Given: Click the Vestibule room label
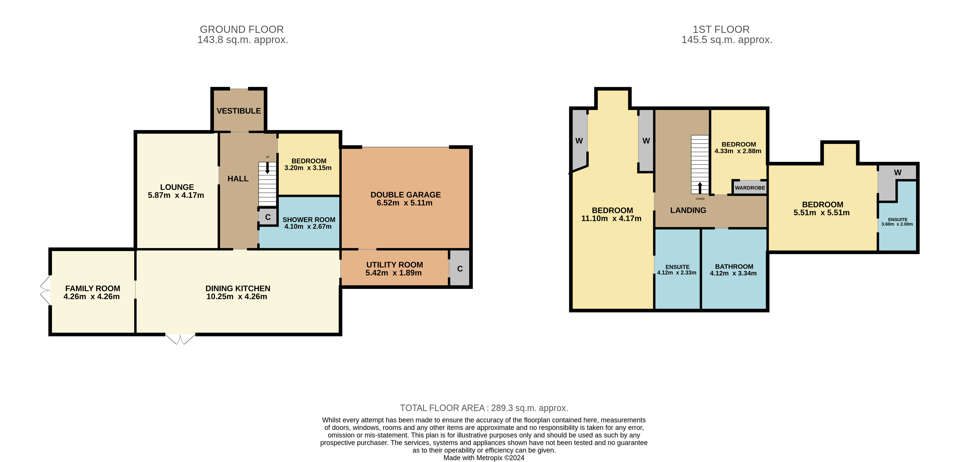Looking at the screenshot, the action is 238,111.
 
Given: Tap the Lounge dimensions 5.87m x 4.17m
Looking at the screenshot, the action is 176,195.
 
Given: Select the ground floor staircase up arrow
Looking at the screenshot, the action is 267,168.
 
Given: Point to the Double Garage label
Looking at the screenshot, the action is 405,195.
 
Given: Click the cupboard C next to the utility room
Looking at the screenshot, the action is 460,268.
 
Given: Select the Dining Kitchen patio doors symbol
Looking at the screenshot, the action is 180,339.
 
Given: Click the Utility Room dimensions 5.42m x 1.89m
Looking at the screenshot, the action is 393,273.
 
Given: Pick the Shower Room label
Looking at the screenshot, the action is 309,220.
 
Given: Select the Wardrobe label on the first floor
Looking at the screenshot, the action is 750,188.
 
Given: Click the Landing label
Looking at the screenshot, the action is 688,210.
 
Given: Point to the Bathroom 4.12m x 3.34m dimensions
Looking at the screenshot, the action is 733,273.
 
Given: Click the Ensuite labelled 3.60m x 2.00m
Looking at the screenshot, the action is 897,222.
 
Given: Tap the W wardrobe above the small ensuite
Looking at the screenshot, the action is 898,173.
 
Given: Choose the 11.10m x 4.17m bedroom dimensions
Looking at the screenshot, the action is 611,218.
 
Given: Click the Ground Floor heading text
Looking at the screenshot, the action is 242,29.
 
